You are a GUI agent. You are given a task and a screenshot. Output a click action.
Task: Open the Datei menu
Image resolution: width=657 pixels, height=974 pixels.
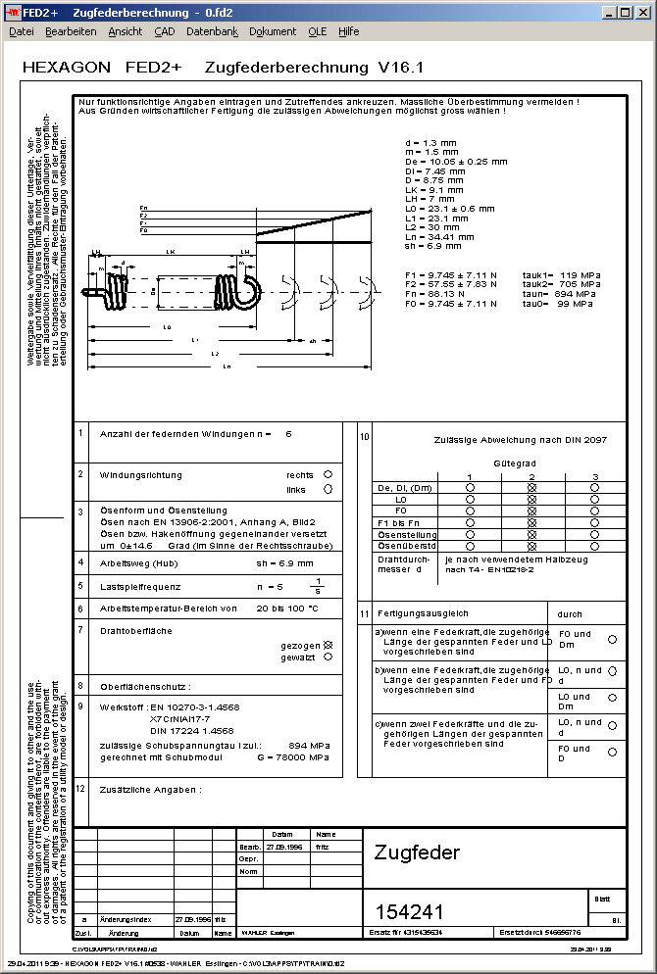(21, 31)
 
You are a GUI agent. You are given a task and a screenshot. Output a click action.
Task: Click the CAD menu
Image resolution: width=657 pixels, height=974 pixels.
(164, 31)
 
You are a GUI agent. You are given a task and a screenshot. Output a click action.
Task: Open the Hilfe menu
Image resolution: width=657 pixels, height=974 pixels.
(348, 31)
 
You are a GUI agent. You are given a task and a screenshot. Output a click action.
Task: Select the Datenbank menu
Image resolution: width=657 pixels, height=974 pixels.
(212, 31)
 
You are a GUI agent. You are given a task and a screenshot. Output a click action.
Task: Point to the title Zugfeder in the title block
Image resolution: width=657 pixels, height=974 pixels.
(417, 852)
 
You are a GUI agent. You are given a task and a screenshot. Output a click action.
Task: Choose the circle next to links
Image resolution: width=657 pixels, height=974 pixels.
(328, 490)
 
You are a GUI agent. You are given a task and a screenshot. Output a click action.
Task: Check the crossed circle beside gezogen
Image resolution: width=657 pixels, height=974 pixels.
(328, 646)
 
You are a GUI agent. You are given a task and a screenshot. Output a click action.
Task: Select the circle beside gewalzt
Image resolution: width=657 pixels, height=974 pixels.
(328, 657)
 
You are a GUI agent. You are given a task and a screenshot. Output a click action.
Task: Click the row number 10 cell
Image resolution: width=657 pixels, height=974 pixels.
(364, 436)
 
